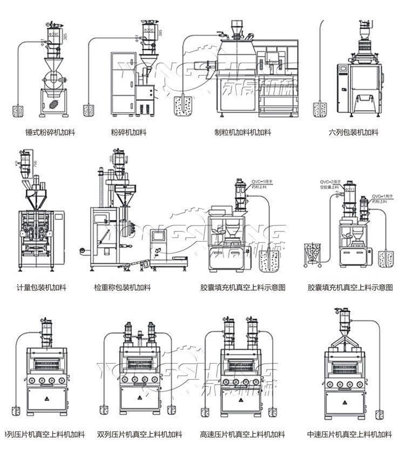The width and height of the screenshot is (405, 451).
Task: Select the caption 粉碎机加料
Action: [x=129, y=132]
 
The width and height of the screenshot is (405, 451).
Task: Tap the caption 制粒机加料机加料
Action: [x=242, y=132]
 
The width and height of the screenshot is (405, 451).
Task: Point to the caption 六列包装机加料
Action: [x=354, y=132]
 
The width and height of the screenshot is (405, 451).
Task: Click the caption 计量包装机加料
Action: [x=41, y=288]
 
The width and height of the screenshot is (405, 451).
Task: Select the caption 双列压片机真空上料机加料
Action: [x=140, y=434]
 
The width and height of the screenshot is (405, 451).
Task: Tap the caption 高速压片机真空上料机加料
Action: [x=242, y=434]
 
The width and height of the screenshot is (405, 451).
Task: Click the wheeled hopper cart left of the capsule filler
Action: [x=313, y=255]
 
